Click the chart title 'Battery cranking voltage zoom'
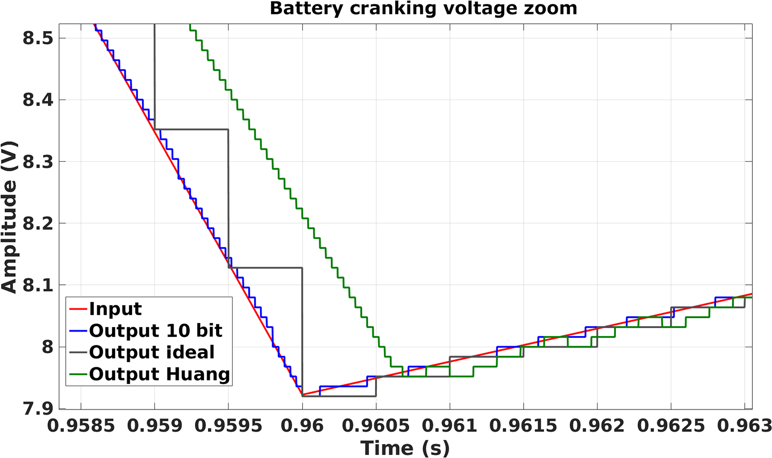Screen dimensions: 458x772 pos(423,8)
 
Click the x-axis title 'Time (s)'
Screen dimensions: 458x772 pos(405,448)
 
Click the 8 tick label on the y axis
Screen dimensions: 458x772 pos(47,347)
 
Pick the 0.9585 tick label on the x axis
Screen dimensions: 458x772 pos(81,425)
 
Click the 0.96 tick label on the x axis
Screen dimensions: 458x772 pos(302,425)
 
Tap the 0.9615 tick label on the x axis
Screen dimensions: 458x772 pos(523,425)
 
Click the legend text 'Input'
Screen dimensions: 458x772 pos(115,309)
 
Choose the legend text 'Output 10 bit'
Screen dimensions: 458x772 pos(156,331)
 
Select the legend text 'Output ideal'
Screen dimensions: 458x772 pos(152,352)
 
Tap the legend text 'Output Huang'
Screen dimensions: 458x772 pos(159,374)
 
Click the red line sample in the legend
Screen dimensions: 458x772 pos(78,309)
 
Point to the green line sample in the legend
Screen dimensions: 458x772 pos(78,374)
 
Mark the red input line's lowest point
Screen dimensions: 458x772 pos(302,395)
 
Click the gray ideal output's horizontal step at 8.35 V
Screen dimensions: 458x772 pos(191,129)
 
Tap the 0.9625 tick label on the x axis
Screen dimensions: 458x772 pos(671,425)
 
